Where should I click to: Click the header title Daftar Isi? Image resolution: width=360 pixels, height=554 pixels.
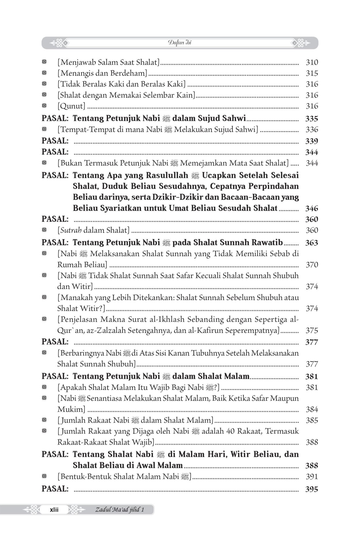(180, 43)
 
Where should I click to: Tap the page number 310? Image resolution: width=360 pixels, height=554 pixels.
(312, 62)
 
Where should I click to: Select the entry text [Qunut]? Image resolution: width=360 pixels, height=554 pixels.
(71, 106)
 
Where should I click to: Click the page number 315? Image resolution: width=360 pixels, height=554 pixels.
(312, 73)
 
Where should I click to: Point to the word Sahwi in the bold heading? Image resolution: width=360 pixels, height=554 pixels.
(235, 118)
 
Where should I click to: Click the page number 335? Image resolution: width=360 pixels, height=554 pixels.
(312, 119)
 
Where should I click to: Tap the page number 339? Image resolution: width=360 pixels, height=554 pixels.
(312, 141)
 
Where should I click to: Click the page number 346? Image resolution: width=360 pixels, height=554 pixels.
(312, 208)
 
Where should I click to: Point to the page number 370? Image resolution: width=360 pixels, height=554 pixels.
(312, 265)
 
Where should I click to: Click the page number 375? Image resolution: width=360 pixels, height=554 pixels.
(312, 330)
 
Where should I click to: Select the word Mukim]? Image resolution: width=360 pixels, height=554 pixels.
(71, 409)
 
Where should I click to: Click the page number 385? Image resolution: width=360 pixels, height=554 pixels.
(312, 420)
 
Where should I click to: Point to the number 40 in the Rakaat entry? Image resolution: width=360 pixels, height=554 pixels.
(217, 431)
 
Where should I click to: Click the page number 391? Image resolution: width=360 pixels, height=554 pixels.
(312, 476)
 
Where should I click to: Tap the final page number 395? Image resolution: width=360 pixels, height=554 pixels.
(312, 489)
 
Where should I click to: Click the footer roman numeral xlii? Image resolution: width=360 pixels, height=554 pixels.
(54, 510)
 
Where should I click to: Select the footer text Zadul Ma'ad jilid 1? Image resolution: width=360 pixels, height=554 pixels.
(119, 510)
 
